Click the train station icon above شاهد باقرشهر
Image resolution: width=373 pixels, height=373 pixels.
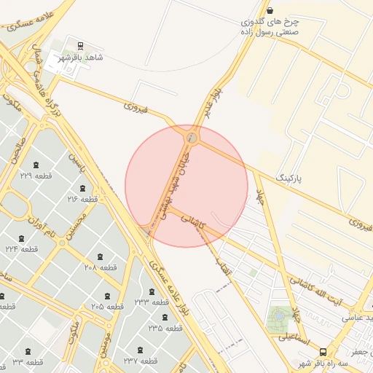(79, 45)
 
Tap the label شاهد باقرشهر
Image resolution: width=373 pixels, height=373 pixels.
(80, 57)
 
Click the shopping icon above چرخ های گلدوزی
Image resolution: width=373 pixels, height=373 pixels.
(271, 10)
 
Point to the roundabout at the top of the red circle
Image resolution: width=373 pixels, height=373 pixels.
(192, 136)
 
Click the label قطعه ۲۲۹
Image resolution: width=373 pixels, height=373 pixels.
(36, 176)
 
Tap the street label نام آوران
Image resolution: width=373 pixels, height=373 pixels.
(41, 223)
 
